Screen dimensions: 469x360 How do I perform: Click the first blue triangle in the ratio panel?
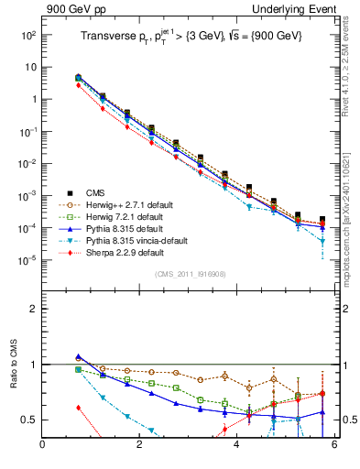[79, 356]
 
